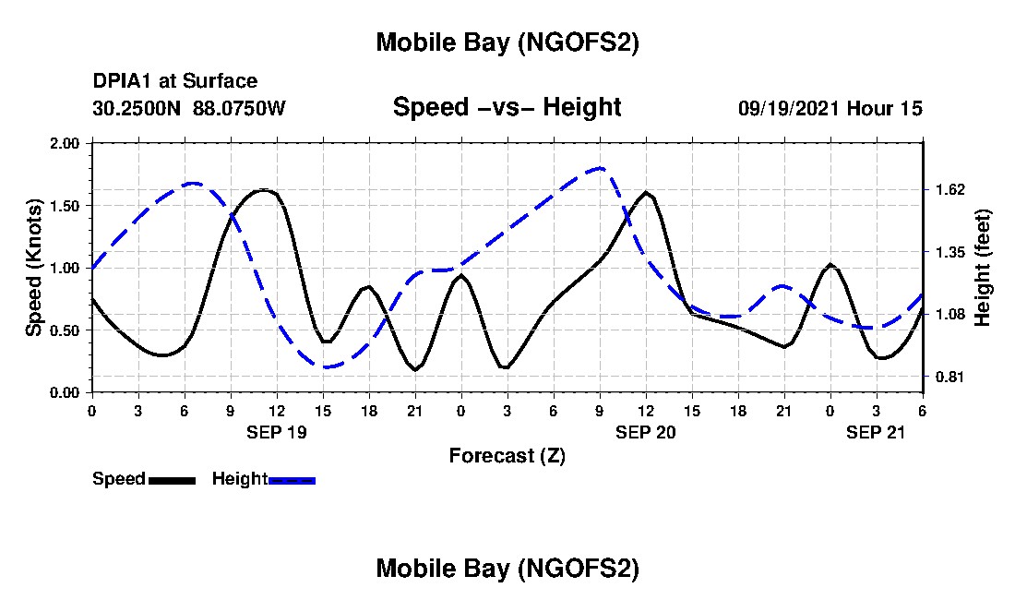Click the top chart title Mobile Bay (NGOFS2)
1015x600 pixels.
pyautogui.click(x=507, y=43)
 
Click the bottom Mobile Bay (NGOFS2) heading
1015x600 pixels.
pyautogui.click(x=507, y=569)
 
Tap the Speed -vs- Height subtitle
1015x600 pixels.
pyautogui.click(x=507, y=107)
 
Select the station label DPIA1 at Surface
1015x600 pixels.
pyautogui.click(x=175, y=82)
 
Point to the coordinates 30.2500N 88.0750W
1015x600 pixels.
pyautogui.click(x=189, y=109)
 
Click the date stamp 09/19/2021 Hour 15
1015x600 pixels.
pyautogui.click(x=830, y=109)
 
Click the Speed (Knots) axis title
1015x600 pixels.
pyautogui.click(x=34, y=268)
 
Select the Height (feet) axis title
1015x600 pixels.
pyautogui.click(x=982, y=268)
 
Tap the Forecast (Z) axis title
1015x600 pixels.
pyautogui.click(x=507, y=455)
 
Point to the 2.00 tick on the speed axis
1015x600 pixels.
pyautogui.click(x=66, y=144)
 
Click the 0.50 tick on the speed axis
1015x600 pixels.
pyautogui.click(x=66, y=330)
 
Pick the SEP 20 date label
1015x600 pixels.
pyautogui.click(x=646, y=431)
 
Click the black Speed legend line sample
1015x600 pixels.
pyautogui.click(x=172, y=480)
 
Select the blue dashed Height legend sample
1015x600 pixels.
pyautogui.click(x=292, y=480)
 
